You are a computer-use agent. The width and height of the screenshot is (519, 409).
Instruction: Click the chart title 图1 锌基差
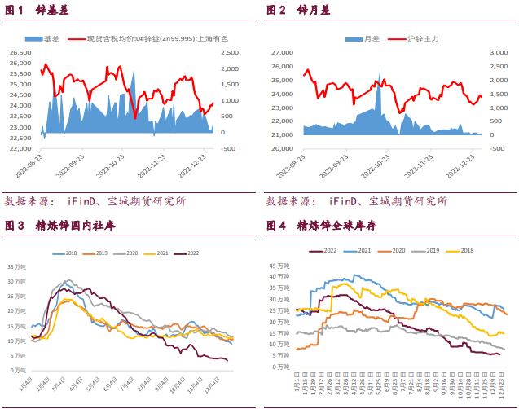37,11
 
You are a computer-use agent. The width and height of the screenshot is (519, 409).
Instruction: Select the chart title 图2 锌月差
298,11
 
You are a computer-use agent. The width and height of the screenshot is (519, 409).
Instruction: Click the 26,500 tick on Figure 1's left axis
20,52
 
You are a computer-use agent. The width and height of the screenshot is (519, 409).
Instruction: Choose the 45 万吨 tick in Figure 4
279,265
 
